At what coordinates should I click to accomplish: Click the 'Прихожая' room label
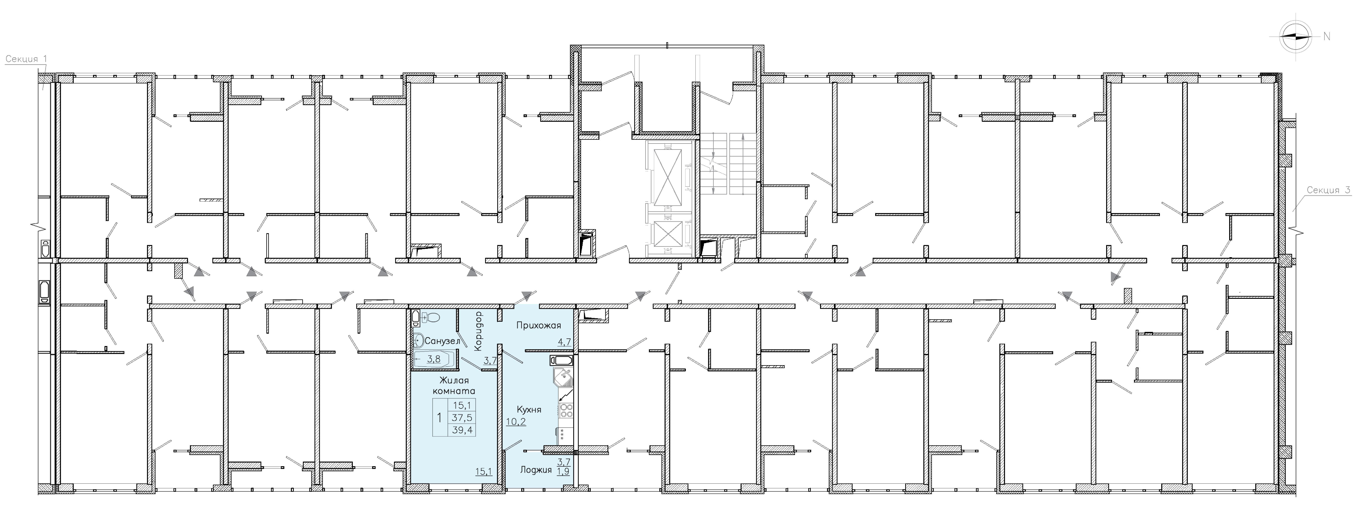(538, 325)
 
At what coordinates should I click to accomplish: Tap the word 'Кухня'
(529, 410)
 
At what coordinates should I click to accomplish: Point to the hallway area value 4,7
(564, 342)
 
